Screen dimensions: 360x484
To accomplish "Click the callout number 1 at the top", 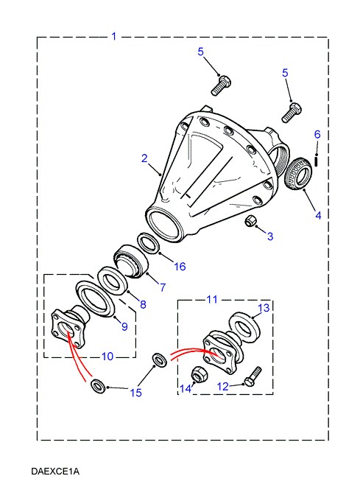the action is pyautogui.click(x=114, y=36).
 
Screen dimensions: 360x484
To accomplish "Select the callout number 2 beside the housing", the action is pyautogui.click(x=144, y=158).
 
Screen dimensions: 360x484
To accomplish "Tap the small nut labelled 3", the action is pyautogui.click(x=249, y=221).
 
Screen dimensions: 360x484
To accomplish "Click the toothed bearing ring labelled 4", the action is pyautogui.click(x=297, y=174).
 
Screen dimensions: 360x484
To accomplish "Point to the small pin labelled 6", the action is pyautogui.click(x=317, y=160).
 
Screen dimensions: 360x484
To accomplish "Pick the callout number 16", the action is pyautogui.click(x=180, y=266).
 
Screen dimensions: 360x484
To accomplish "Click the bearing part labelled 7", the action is pyautogui.click(x=131, y=261).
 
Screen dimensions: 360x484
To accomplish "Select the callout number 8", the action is pyautogui.click(x=143, y=304).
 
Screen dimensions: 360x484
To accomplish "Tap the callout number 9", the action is pyautogui.click(x=124, y=326).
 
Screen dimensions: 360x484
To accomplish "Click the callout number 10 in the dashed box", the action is pyautogui.click(x=107, y=357).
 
